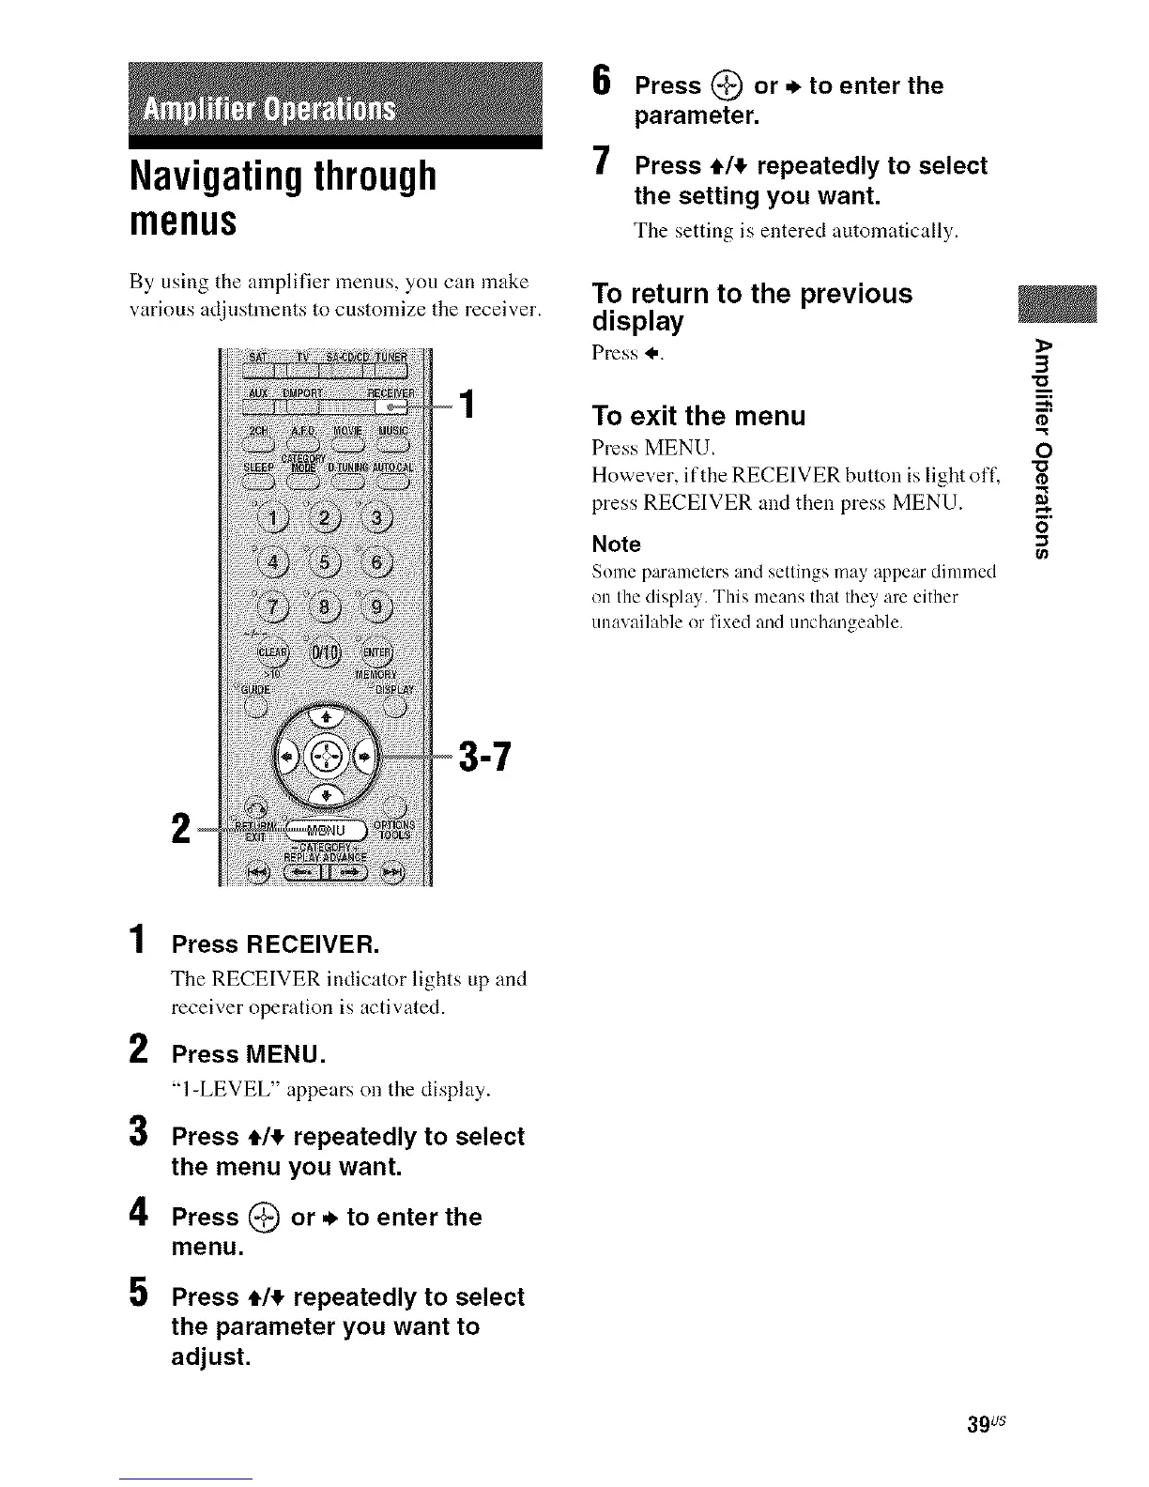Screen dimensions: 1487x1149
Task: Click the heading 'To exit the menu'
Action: pyautogui.click(x=698, y=415)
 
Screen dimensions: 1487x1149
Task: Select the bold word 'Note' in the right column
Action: pyautogui.click(x=616, y=544)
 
